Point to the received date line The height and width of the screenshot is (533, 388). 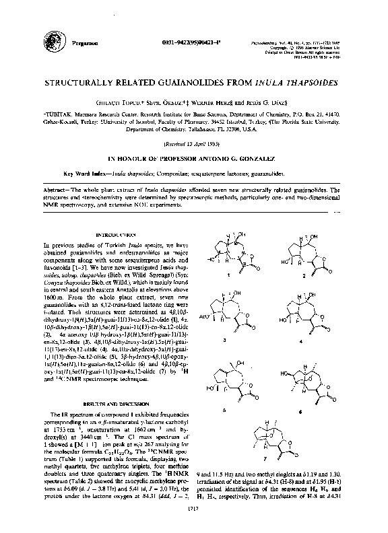(193, 144)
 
